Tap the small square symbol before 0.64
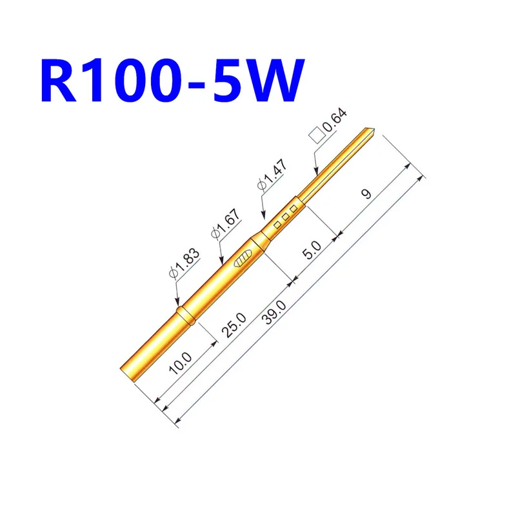point(317,135)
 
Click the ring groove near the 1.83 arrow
point(185,315)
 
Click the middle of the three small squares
point(285,217)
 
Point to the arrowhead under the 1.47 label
point(262,215)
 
